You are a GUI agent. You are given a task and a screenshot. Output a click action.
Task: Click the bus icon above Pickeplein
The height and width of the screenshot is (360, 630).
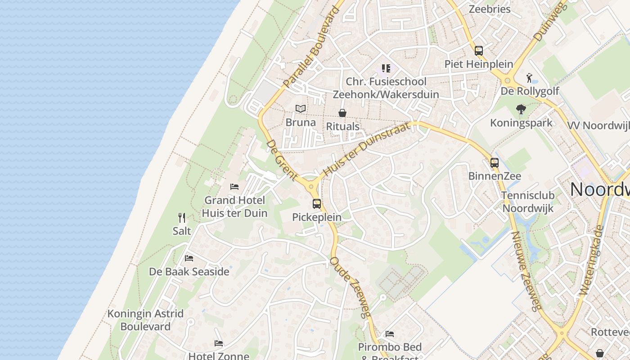[317, 204]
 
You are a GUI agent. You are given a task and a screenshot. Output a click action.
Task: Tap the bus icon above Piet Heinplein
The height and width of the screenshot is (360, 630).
[479, 51]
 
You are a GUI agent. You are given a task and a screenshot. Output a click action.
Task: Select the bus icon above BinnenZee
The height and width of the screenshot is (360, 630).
[495, 163]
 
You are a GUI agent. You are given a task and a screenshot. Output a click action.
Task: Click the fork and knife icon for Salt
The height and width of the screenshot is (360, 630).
[182, 218]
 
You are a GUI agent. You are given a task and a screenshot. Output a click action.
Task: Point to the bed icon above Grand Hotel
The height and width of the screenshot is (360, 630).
[234, 187]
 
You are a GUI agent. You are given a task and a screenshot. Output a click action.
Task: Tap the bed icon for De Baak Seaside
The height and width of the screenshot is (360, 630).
[189, 258]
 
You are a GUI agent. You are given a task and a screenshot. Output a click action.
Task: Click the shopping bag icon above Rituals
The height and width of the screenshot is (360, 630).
[342, 113]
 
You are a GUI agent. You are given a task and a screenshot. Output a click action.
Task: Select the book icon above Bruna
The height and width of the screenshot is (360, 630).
[301, 109]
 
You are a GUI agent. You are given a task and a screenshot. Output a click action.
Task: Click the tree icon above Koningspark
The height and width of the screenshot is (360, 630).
[521, 109]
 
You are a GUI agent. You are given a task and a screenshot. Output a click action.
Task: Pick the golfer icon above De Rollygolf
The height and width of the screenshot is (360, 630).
[530, 78]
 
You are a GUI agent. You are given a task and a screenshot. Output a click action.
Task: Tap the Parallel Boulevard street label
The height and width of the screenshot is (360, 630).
[311, 47]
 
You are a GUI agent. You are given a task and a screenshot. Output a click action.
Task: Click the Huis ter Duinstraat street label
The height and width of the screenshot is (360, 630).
[367, 149]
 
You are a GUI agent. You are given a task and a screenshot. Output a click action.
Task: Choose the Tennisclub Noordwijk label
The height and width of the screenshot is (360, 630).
[528, 202]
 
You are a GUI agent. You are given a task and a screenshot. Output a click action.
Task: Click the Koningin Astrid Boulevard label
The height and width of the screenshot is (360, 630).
[145, 320]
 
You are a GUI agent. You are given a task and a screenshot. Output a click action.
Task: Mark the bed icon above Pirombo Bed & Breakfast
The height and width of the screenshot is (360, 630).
[390, 334]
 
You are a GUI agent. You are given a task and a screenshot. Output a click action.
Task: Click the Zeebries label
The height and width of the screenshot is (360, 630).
[490, 9]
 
